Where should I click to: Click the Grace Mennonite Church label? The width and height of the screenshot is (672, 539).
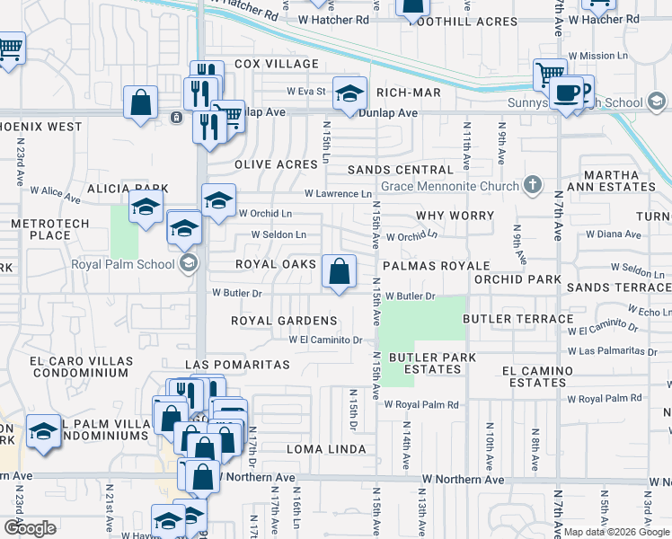(x=450, y=187)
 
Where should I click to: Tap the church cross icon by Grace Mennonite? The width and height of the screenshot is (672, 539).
(x=533, y=186)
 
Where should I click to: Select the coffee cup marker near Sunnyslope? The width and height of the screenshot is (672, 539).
(x=566, y=93)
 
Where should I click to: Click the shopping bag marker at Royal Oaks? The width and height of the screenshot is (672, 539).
(x=340, y=271)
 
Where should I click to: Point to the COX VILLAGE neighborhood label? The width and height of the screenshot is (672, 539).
(x=277, y=64)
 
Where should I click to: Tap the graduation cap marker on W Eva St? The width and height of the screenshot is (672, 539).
(x=350, y=92)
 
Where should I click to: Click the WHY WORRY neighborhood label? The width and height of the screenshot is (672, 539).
(x=455, y=216)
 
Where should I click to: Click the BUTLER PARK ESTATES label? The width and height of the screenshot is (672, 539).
(x=432, y=363)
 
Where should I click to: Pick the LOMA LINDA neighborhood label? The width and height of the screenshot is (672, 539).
(x=326, y=449)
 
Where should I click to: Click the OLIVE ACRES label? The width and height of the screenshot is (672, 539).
(x=277, y=165)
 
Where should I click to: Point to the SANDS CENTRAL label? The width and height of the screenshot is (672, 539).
(x=400, y=170)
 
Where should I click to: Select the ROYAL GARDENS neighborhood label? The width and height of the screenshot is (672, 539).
(x=284, y=321)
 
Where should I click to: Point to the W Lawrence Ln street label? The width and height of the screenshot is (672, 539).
(x=338, y=193)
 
